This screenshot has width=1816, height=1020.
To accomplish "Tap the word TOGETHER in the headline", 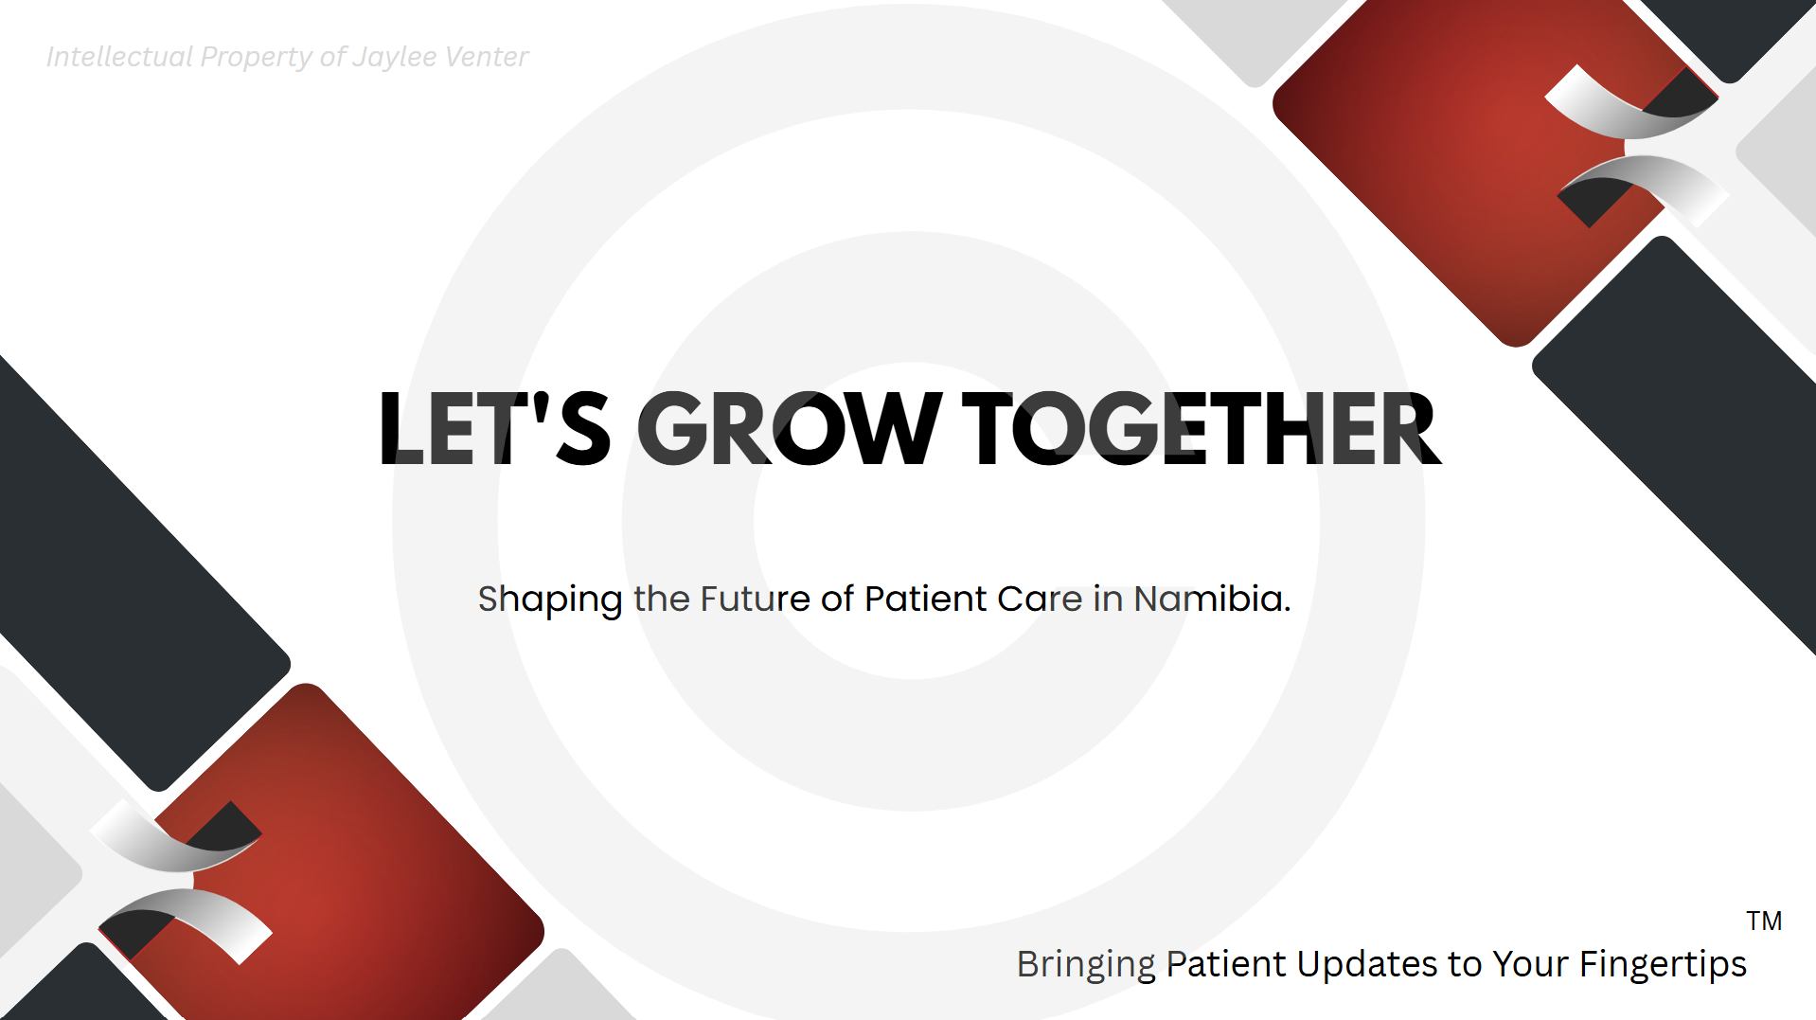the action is (x=1201, y=429).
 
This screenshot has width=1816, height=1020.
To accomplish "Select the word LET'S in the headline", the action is (x=494, y=429).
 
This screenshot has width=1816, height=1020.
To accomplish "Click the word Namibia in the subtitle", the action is (x=1212, y=599).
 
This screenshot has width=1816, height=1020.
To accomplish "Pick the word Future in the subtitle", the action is (x=755, y=599).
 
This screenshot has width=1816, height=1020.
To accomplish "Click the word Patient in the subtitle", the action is (x=925, y=599).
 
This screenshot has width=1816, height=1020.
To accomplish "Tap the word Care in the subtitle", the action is (x=1040, y=599).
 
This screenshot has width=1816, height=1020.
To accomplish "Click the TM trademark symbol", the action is (x=1764, y=921).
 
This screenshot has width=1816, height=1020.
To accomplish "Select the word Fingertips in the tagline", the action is (x=1663, y=965).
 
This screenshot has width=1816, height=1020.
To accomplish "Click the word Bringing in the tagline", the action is (x=1086, y=965).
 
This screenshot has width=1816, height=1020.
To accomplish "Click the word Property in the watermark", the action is (x=256, y=58).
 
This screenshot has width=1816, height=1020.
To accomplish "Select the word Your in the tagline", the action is (x=1530, y=963).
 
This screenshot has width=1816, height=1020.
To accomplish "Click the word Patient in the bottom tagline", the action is (x=1225, y=963).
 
